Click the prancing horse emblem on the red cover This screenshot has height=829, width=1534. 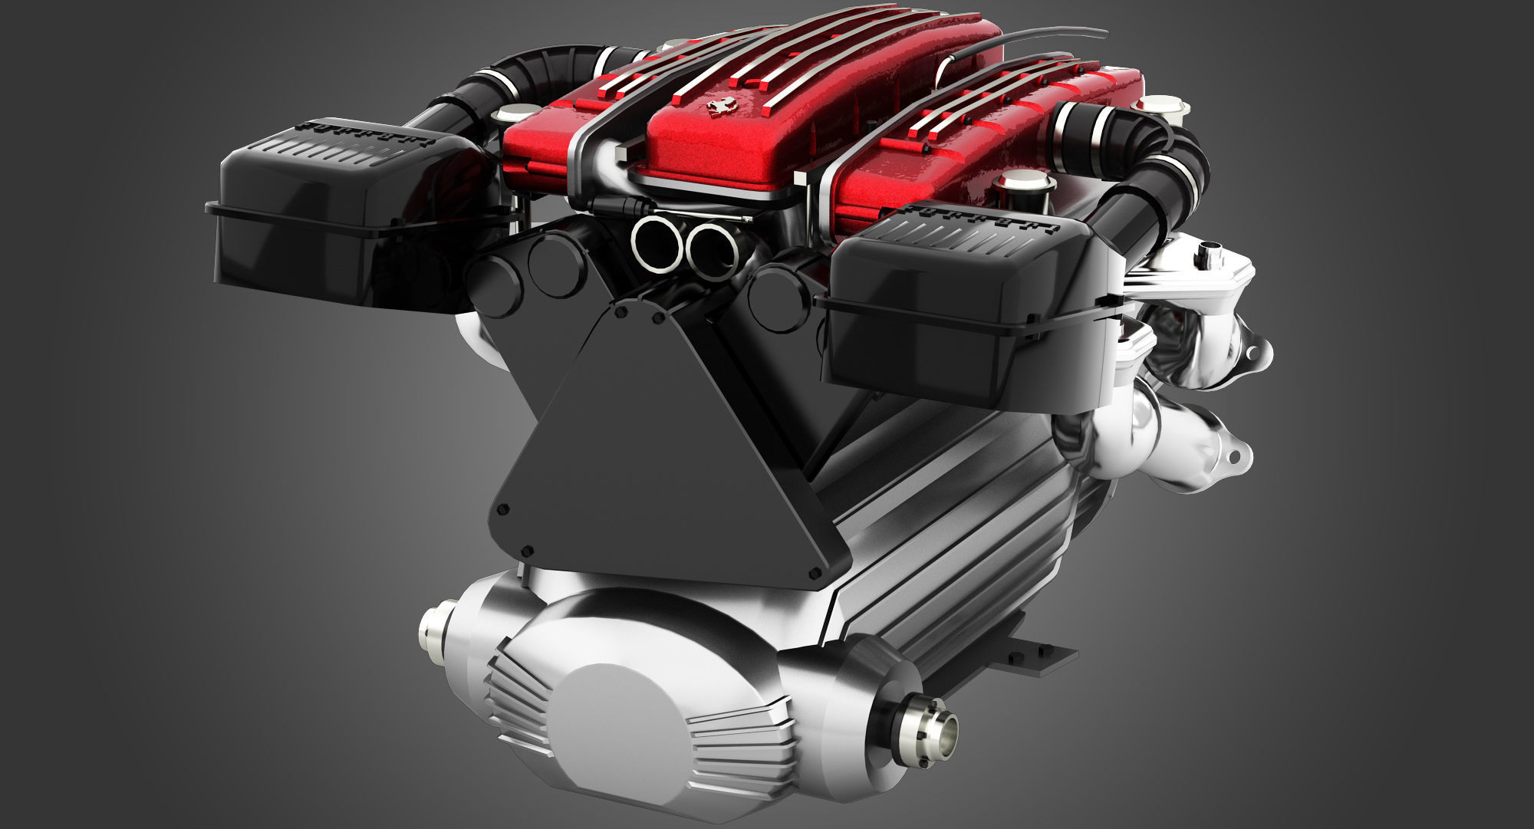point(719,107)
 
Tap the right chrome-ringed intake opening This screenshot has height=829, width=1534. point(711,248)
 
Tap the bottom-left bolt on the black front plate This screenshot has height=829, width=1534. point(526,551)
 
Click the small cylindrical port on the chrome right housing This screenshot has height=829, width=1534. point(1212,251)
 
